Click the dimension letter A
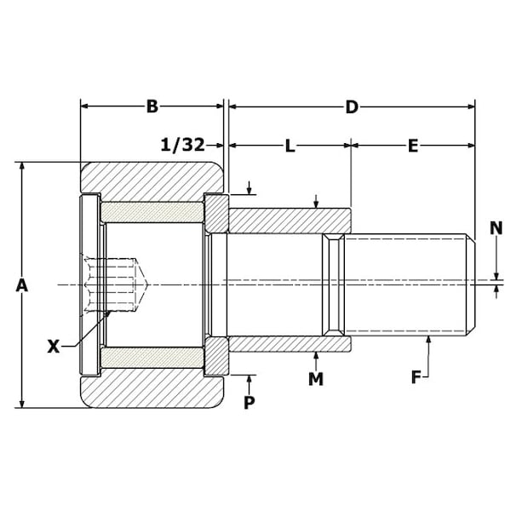coord(22,286)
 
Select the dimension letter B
coord(152,106)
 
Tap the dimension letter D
coord(351,106)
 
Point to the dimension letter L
coord(290,146)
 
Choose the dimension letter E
coord(412,146)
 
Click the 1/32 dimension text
coord(182,146)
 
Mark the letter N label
coord(497,227)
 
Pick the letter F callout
coord(416,376)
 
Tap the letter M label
coord(316,379)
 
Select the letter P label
coord(250,403)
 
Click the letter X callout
coord(54,346)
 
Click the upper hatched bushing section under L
coord(290,221)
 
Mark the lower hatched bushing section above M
coord(290,343)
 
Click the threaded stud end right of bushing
coord(407,284)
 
